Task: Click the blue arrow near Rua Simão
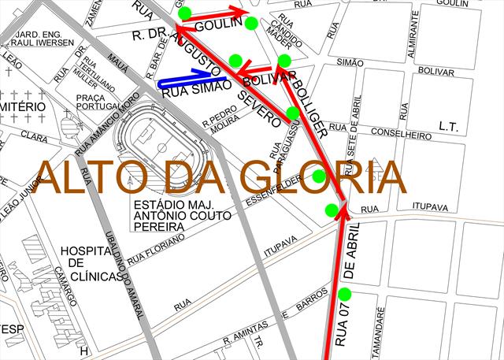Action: click(x=186, y=80)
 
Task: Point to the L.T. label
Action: click(x=449, y=126)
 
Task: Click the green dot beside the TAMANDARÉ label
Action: click(x=344, y=295)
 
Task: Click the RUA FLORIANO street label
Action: click(x=156, y=247)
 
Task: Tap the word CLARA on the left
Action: click(x=35, y=137)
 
